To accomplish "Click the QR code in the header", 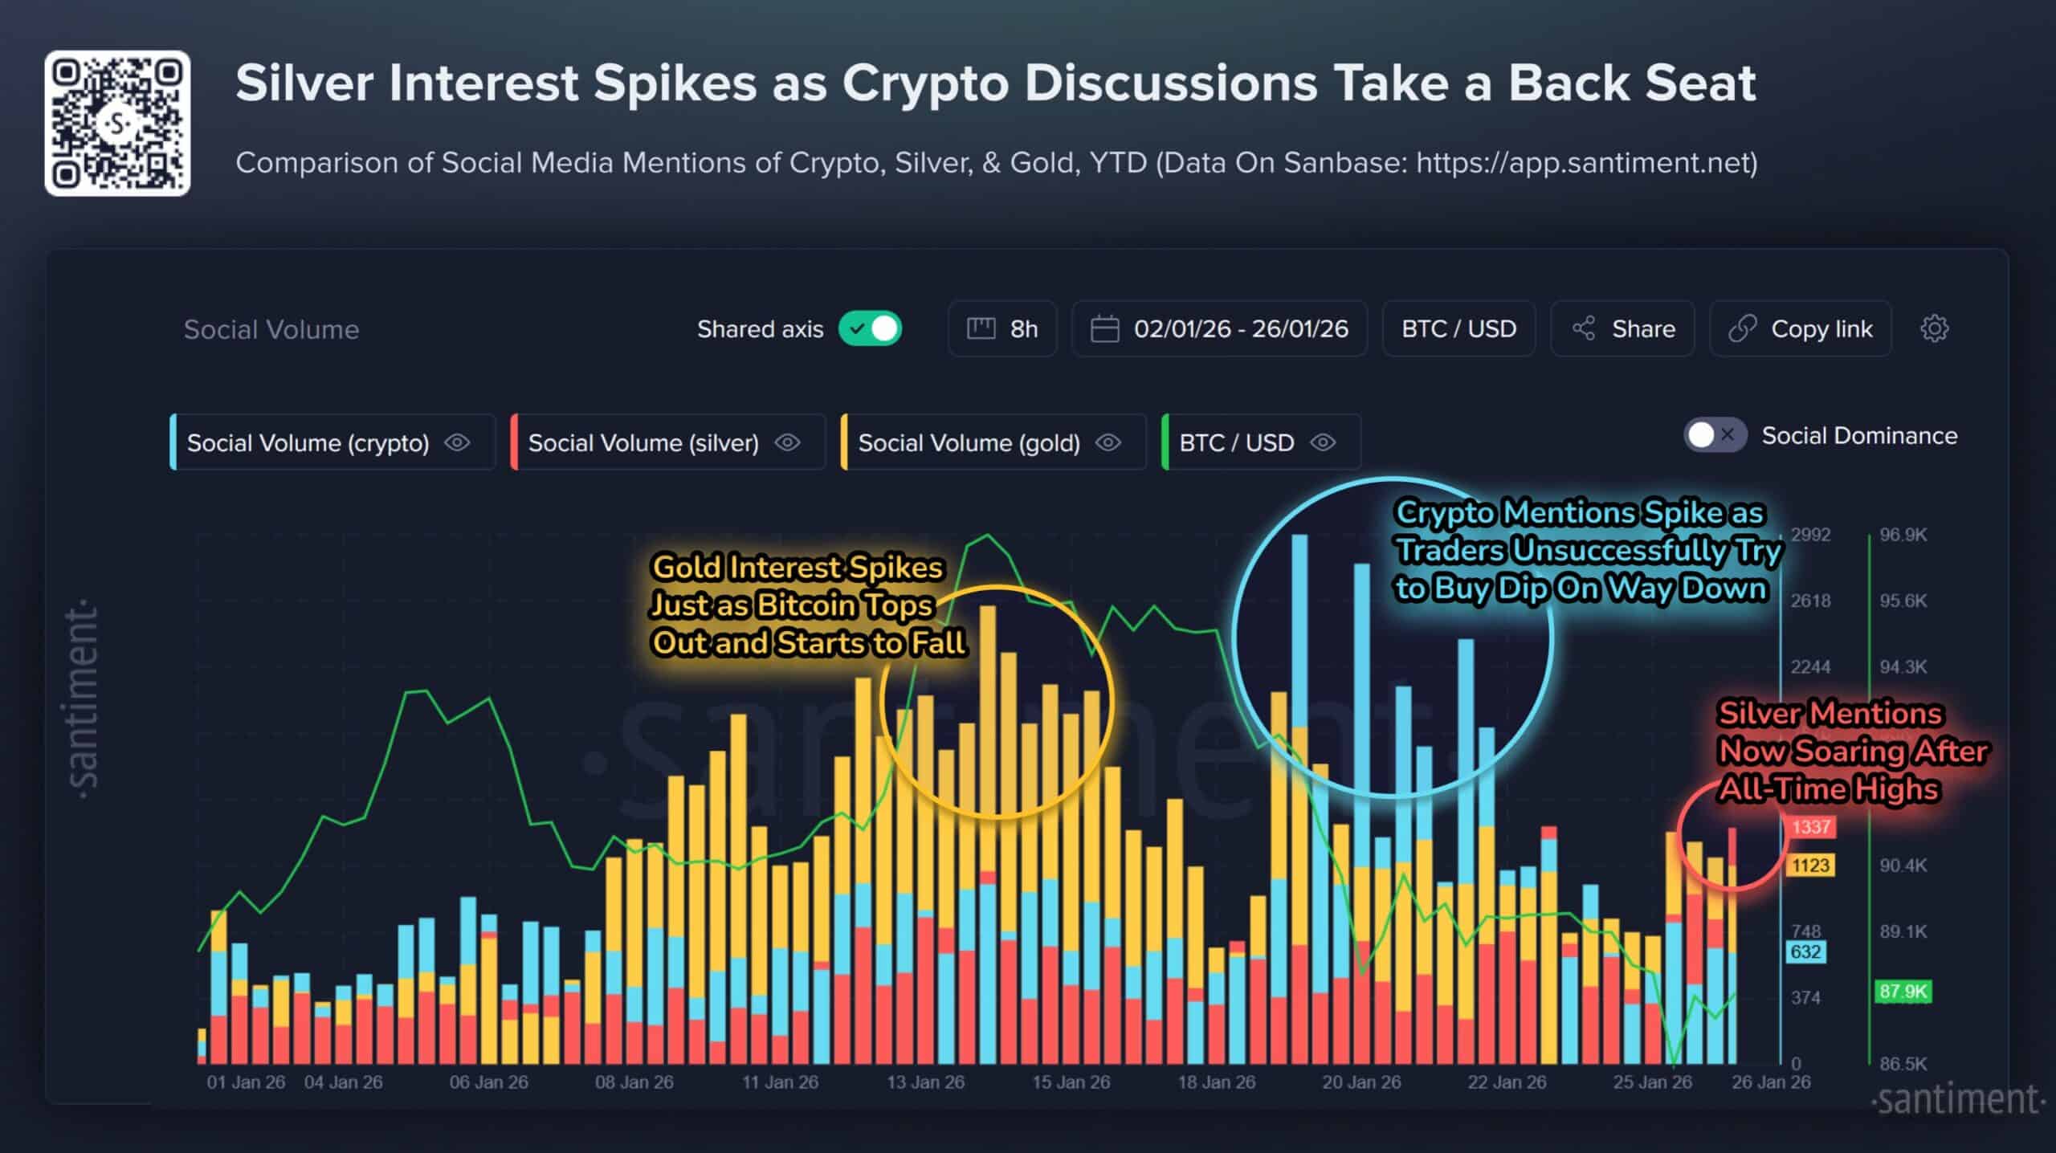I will coord(117,123).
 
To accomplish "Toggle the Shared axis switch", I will coord(870,328).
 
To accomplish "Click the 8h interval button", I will coord(1002,328).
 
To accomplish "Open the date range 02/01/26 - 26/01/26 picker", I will coord(1219,328).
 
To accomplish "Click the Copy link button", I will coord(1800,328).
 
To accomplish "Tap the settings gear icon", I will coord(1934,328).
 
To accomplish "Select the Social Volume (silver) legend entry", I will coord(643,442).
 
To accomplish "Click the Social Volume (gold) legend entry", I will coord(969,442).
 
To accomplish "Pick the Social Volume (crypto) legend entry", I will coord(308,442).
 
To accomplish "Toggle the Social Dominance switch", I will coord(1714,435).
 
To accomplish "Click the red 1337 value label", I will coord(1810,826).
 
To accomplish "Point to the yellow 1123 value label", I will coord(1810,865).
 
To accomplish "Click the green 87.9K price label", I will coord(1903,991).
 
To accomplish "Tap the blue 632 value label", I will coord(1805,951).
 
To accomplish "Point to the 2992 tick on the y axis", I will coord(1810,535).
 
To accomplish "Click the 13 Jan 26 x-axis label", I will coord(925,1082).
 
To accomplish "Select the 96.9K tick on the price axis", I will coord(1903,535).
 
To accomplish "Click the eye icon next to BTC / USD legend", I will coord(1323,442).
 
